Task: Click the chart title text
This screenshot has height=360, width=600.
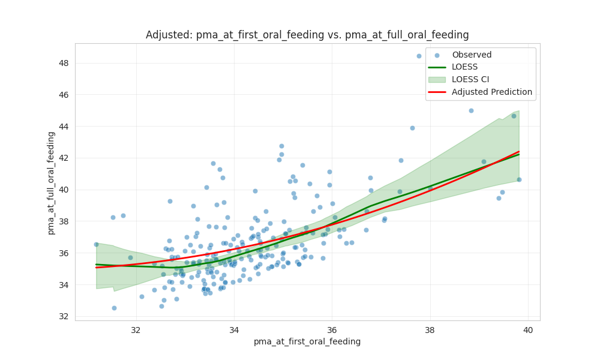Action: click(x=307, y=35)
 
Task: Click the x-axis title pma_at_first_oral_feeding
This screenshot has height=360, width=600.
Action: click(x=307, y=341)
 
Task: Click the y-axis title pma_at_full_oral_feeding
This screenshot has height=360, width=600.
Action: click(x=52, y=182)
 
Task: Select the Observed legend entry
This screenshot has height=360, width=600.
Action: click(x=472, y=55)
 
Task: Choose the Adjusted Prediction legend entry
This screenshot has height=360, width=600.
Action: click(x=492, y=92)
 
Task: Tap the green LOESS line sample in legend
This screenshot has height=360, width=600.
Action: click(x=437, y=67)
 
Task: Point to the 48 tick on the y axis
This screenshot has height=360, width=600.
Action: click(x=64, y=63)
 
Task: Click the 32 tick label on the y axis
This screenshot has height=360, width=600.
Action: click(x=64, y=316)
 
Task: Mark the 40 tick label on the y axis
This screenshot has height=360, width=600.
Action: click(x=64, y=190)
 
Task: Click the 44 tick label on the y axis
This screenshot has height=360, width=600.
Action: click(x=64, y=127)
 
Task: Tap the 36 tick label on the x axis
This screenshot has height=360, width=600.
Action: click(x=332, y=329)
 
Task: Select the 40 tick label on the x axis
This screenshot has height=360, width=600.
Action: click(x=528, y=329)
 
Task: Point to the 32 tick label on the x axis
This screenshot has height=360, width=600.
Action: click(x=136, y=329)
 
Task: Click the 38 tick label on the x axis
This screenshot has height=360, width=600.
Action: click(x=430, y=329)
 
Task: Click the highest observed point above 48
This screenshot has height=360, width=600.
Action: click(x=419, y=56)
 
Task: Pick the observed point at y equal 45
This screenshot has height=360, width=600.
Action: click(x=471, y=110)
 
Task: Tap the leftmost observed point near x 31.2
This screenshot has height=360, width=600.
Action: click(x=96, y=244)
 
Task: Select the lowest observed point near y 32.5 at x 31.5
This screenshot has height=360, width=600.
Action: click(x=114, y=308)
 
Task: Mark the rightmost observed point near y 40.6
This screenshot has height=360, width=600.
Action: click(x=519, y=179)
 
